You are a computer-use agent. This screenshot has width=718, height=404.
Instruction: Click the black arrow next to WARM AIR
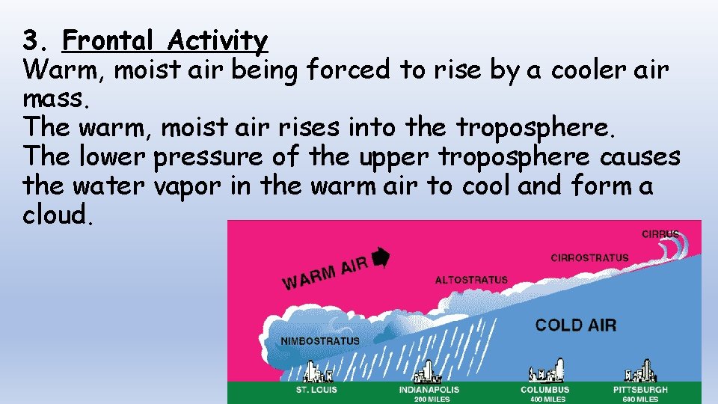tap(381, 257)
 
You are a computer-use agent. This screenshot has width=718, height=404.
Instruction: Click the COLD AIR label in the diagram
tap(576, 325)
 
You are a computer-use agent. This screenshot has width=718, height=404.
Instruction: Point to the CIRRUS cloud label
tap(660, 234)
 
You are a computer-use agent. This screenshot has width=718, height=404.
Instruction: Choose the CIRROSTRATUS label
tap(589, 258)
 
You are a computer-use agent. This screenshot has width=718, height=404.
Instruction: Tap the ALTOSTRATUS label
tap(471, 280)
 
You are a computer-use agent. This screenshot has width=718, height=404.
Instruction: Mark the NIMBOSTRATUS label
tap(319, 341)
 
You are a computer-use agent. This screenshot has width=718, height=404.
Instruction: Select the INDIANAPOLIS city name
tap(429, 390)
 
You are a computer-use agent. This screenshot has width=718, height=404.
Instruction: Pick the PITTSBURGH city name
tap(640, 390)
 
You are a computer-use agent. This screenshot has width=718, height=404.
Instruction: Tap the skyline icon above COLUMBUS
tap(546, 370)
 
